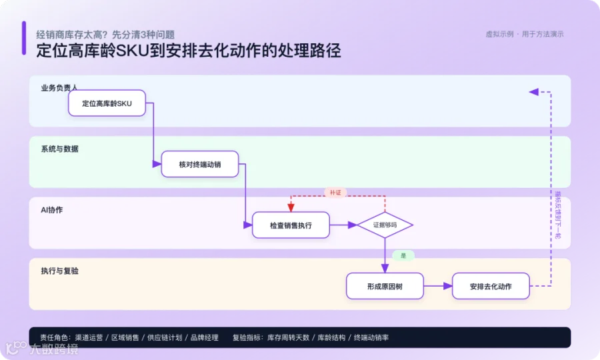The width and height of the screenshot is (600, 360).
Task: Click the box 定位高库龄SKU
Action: [x=107, y=103]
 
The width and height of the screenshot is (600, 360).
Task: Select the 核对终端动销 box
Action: [x=200, y=164]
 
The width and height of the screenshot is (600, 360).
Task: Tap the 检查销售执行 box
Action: [x=291, y=225]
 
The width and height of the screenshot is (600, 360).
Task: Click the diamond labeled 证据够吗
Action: [x=385, y=225]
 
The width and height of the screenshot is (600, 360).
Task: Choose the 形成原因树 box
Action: [x=385, y=286]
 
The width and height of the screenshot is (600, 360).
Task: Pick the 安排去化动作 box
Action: [x=491, y=286]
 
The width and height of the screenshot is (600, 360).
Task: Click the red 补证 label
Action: [x=335, y=193]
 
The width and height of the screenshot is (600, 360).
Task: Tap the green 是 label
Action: [x=403, y=255]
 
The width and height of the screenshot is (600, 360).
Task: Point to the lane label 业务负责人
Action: [x=59, y=88]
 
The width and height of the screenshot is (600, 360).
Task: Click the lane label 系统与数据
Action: [x=60, y=149]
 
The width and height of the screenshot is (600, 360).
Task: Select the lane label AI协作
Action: [x=51, y=209]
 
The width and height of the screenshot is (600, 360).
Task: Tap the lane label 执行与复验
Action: [x=60, y=271]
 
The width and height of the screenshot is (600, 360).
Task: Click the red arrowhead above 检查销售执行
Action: [x=291, y=207]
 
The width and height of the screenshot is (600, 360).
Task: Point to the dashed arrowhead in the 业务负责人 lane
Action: [x=534, y=92]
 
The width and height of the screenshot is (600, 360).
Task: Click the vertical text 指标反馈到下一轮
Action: [x=558, y=215]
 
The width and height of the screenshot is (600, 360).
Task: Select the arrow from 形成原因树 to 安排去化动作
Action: [x=438, y=286]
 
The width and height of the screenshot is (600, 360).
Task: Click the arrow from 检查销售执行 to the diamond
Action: [x=343, y=225]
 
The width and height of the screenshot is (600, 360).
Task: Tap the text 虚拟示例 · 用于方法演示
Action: [x=525, y=35]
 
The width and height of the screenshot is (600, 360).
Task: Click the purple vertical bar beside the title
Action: [x=24, y=38]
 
